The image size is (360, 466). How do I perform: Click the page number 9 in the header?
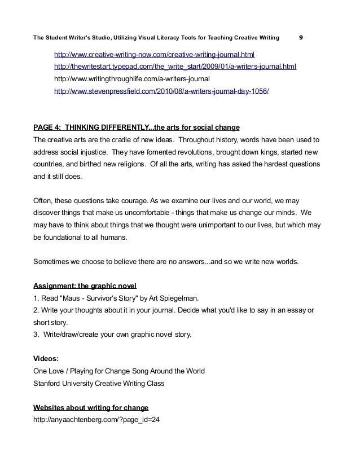(301, 38)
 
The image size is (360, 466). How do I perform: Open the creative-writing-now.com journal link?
(154, 55)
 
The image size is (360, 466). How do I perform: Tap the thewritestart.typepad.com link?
(174, 67)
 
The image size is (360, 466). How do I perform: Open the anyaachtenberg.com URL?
(97, 419)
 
